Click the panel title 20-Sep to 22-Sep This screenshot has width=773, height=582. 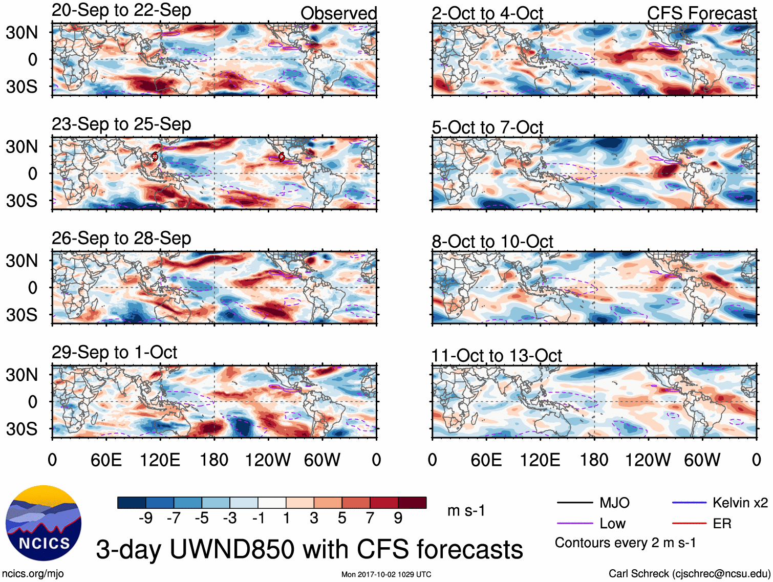(121, 10)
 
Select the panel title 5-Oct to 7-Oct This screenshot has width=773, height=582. (487, 127)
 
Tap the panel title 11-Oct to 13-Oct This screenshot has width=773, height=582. (497, 355)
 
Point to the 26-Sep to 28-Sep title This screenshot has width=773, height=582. (121, 239)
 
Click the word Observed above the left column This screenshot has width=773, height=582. (338, 13)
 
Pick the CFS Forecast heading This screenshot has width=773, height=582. (701, 13)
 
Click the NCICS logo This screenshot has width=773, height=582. (44, 523)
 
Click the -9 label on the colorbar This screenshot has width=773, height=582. (145, 518)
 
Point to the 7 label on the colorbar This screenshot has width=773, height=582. (370, 518)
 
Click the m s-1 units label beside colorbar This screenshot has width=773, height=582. (466, 510)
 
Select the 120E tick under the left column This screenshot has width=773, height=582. (160, 460)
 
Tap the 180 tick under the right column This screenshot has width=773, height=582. (594, 460)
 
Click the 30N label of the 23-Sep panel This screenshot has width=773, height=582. (22, 147)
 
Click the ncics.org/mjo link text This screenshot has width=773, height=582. (33, 573)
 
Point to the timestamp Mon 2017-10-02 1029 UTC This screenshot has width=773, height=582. (386, 574)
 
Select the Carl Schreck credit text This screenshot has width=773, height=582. (689, 573)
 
